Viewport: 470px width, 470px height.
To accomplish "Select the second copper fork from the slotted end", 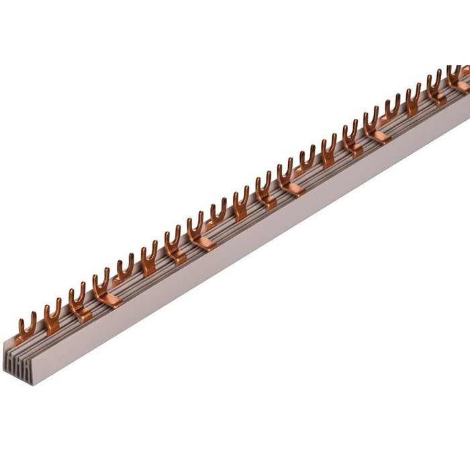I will pos(52,315).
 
